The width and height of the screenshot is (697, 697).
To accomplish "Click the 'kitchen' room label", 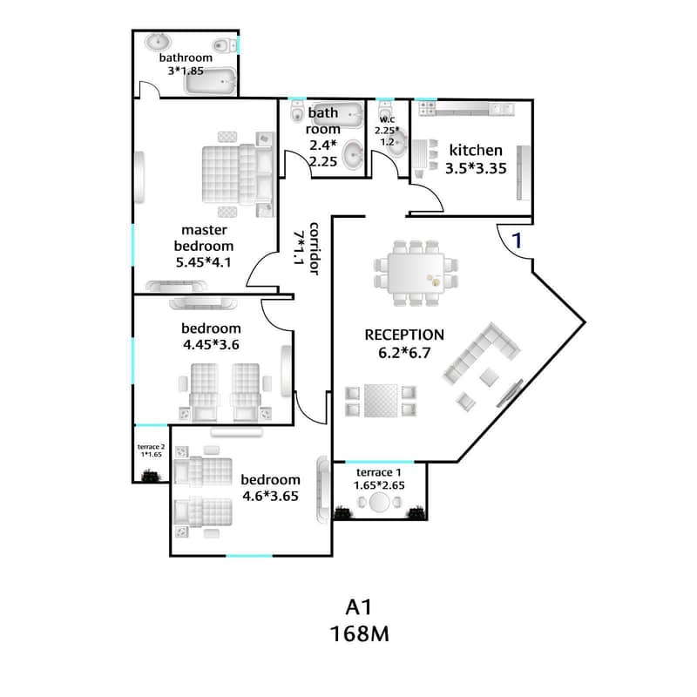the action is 476,150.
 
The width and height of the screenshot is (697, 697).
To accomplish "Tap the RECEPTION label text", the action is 404,335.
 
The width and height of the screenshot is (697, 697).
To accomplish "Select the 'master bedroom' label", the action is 204,238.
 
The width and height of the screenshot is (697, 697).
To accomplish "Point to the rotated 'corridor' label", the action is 314,248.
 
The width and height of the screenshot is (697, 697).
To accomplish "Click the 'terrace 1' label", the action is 379,472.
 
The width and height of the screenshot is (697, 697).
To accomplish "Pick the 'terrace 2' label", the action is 151,447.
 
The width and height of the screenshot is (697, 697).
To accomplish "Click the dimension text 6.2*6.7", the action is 404,353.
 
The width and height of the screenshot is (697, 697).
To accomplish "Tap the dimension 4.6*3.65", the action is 270,496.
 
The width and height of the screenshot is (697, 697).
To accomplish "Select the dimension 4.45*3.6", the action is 211,344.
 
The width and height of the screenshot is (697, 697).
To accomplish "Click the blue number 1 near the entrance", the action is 517,240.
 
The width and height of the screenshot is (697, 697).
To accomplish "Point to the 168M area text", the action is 360,634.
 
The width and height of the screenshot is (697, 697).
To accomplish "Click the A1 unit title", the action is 359,607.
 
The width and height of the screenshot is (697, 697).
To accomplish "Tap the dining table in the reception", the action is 416,273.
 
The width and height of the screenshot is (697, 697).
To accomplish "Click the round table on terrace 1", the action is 379,503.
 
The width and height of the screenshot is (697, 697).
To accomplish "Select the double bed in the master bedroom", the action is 238,175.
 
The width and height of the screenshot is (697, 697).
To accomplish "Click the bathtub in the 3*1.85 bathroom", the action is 210,81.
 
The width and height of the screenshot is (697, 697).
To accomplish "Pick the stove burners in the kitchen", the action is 428,108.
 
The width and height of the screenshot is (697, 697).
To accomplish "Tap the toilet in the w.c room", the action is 385,112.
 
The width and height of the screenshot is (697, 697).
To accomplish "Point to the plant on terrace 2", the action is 150,477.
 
